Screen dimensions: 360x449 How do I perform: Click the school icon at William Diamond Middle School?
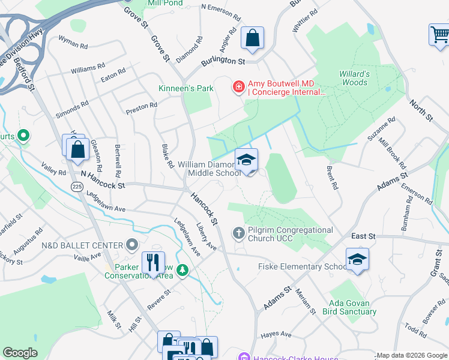(x=246, y=160)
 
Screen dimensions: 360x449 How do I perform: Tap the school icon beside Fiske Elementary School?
(x=357, y=259)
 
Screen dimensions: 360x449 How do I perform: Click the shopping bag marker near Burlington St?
(x=253, y=38)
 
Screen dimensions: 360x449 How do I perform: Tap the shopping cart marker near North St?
(x=439, y=35)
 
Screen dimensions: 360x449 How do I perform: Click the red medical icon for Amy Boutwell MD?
(x=238, y=88)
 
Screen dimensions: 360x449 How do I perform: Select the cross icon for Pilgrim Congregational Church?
(x=239, y=233)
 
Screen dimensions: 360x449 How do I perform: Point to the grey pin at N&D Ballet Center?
(x=133, y=245)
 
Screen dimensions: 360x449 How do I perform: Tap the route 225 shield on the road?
(x=77, y=187)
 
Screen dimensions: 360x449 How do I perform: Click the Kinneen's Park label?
(x=186, y=88)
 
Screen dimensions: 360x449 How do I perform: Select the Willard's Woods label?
(x=353, y=78)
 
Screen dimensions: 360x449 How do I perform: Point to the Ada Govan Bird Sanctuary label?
(x=352, y=307)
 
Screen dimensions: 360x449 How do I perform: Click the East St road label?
(x=363, y=236)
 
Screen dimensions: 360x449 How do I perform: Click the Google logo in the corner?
(x=20, y=353)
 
